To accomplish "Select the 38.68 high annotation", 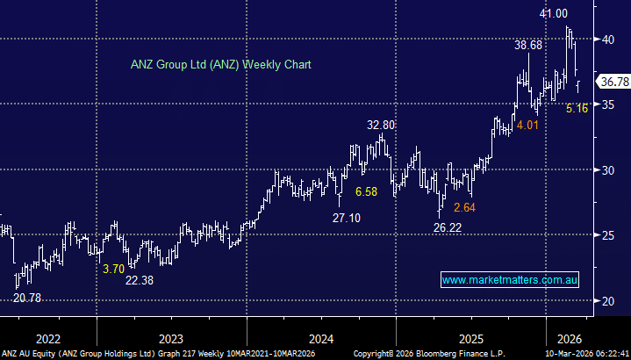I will pos(528,44).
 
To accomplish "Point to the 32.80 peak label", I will pos(381,126).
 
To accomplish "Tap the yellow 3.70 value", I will pos(113,269).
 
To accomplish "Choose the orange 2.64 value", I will pos(464,208).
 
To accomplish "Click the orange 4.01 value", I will pos(527,126).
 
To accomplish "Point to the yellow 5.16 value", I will pos(577,109).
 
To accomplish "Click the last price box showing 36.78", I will pos(613,82).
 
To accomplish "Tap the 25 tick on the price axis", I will pos(607,235).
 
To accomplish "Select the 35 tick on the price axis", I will pos(607,104).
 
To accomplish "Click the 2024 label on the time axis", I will pos(321,339).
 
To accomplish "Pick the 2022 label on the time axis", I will pos(47,339).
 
